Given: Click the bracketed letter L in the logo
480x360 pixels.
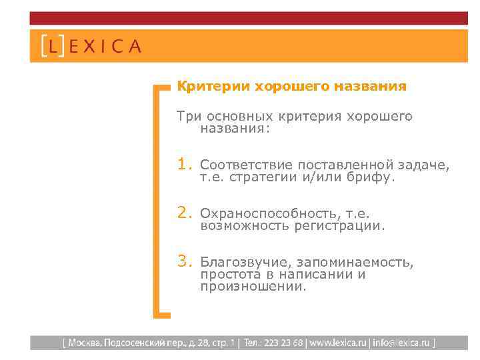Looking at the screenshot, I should click(x=53, y=47).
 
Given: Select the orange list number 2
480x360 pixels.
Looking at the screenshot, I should click(x=184, y=213).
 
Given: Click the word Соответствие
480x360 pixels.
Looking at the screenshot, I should click(x=247, y=165).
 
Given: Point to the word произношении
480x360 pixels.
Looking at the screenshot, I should click(x=253, y=287).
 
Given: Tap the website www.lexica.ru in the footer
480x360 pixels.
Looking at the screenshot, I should click(x=337, y=343).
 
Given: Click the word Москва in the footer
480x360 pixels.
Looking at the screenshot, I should click(x=83, y=343).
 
